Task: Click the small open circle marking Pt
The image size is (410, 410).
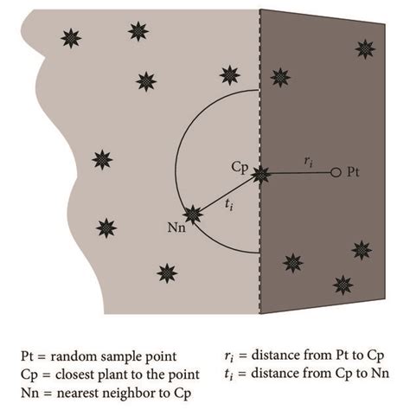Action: click(336, 172)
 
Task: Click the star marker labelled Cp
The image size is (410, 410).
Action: click(260, 175)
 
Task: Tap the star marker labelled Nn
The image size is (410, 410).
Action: click(193, 215)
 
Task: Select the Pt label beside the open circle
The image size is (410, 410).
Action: click(353, 172)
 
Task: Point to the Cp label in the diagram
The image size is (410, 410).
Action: click(240, 167)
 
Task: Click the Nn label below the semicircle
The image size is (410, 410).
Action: click(176, 227)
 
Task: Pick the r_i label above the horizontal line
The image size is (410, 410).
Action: click(309, 162)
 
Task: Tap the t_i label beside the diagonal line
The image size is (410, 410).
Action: click(228, 205)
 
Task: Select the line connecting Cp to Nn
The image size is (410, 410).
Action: click(227, 195)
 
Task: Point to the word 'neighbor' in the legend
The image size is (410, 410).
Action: click(113, 393)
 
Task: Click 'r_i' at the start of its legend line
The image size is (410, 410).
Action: click(228, 356)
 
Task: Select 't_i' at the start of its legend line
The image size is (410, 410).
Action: click(228, 374)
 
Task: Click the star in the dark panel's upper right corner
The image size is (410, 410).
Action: click(365, 49)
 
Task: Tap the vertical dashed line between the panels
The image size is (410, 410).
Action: click(259, 162)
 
